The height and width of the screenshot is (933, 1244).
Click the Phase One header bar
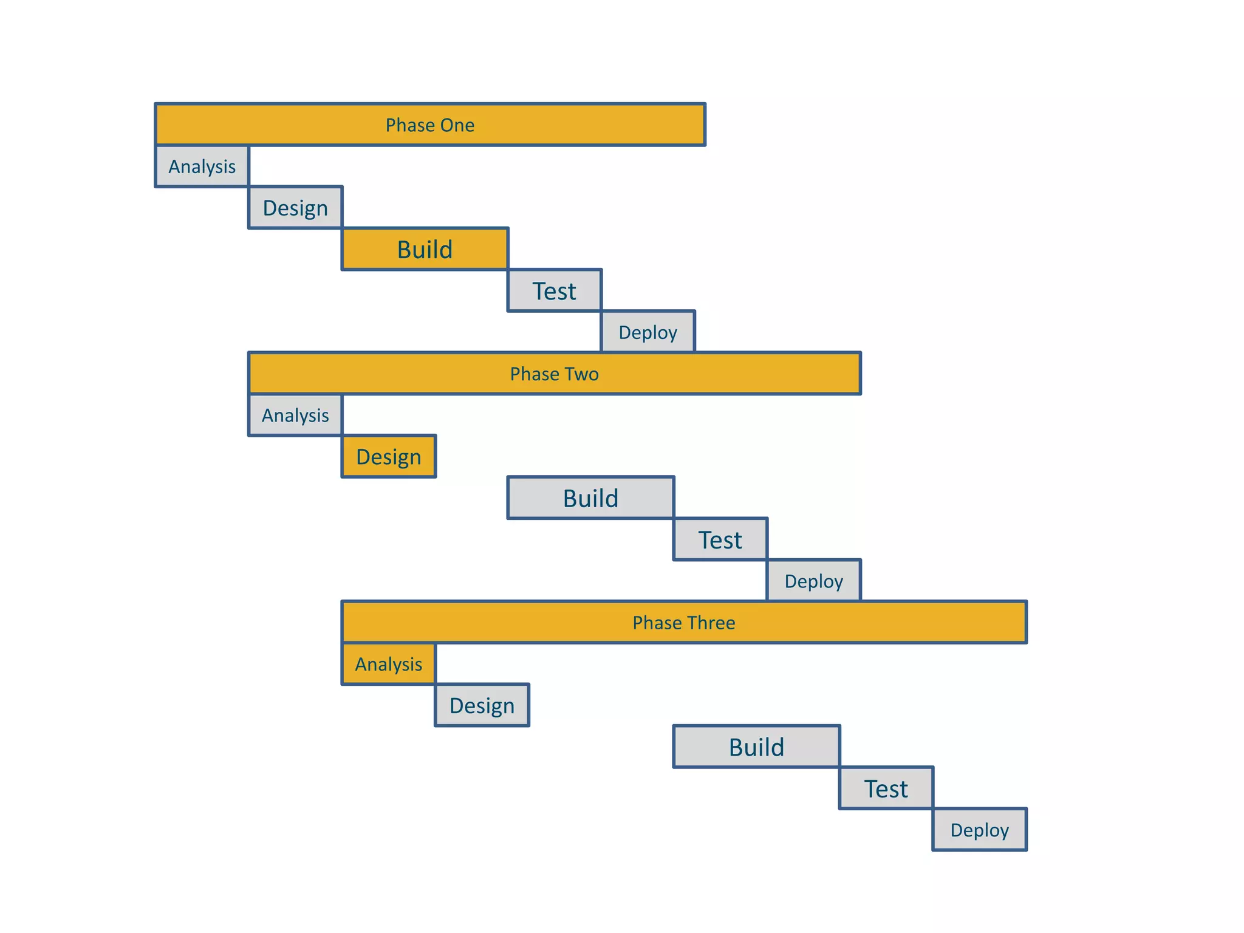[430, 125]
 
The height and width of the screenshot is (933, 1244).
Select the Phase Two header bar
[554, 374]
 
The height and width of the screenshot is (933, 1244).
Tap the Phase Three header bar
[684, 623]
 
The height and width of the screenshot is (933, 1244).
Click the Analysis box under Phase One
[202, 166]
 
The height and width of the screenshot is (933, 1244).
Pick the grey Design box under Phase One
[295, 208]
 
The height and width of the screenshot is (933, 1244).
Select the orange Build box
[425, 249]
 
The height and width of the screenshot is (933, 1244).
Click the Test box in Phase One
[554, 291]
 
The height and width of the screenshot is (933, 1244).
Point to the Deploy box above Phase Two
[648, 332]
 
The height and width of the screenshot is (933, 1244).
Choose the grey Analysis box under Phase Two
[295, 415]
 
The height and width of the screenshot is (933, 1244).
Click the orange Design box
[389, 457]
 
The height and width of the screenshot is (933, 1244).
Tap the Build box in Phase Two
[590, 498]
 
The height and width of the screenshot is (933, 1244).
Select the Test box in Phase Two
[720, 539]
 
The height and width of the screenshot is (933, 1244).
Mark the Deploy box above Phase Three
[814, 581]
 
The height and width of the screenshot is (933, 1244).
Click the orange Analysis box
[389, 664]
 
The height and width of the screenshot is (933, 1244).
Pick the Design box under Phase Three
[482, 705]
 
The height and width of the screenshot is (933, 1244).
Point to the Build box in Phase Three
[756, 747]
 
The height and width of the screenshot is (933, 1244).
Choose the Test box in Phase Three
[886, 788]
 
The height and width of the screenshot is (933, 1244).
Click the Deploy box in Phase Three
[979, 830]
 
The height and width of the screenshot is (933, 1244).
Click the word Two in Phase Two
[580, 374]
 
